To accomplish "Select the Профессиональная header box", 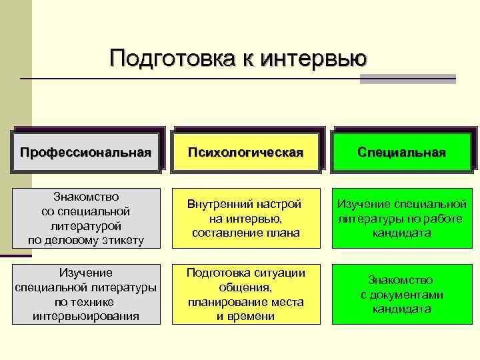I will [x=86, y=153].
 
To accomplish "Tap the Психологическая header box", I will [x=246, y=153].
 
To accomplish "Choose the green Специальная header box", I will [x=401, y=153].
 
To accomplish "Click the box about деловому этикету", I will [x=86, y=218].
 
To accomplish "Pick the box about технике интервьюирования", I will [x=86, y=294].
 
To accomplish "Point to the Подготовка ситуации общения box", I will [x=246, y=294].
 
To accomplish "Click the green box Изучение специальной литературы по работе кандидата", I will [x=401, y=218].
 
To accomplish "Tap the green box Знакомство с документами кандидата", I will [x=401, y=294].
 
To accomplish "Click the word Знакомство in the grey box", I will [x=86, y=197].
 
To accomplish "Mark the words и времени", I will [x=246, y=316].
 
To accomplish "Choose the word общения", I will [x=246, y=287].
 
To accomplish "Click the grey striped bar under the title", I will [x=407, y=79].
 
